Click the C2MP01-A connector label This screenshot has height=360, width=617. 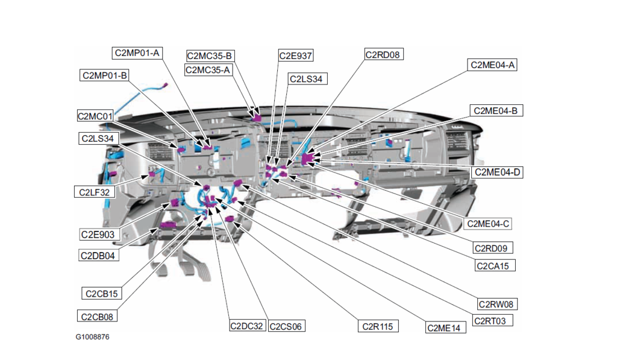tap(137, 52)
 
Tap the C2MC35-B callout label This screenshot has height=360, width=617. tap(210, 56)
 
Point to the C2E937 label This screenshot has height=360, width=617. tap(295, 55)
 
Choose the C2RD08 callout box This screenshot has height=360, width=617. tap(383, 54)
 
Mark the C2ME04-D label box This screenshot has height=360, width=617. tap(498, 172)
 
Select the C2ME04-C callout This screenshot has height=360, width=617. tap(489, 224)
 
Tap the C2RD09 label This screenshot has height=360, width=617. tap(493, 248)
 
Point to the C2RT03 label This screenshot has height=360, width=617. tap(493, 321)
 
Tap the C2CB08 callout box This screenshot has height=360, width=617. tap(99, 315)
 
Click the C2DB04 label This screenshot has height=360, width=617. tap(99, 255)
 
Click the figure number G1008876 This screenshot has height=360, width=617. tap(92, 337)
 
